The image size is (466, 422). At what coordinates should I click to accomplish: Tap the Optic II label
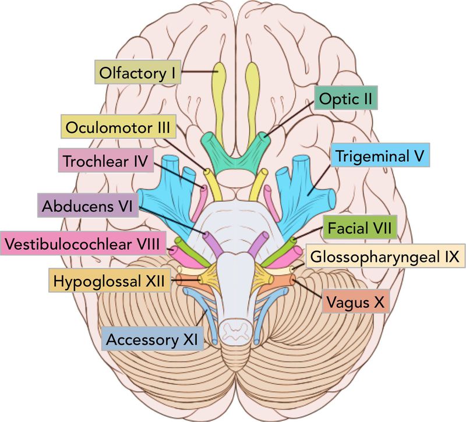(346, 99)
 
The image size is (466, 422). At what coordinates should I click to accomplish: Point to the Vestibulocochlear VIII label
(83, 243)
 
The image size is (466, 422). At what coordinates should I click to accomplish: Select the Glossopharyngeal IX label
(385, 254)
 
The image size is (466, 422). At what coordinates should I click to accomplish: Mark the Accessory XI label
(152, 338)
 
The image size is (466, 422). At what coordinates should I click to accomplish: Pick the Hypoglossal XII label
(110, 282)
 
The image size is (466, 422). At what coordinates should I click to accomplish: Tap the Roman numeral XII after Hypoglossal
(156, 282)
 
